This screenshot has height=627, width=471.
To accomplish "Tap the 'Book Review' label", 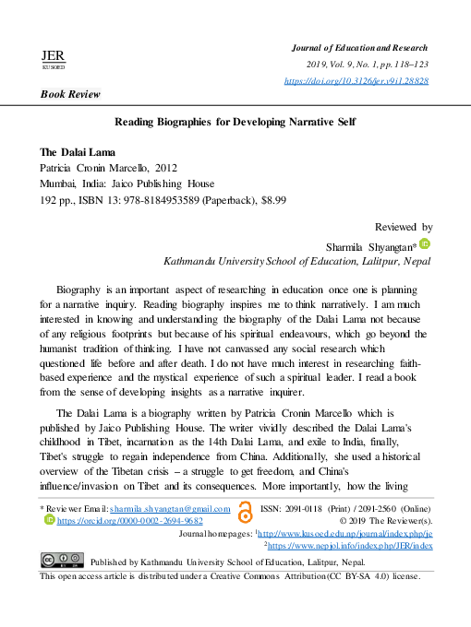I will (70, 95).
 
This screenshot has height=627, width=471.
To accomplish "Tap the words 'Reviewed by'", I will (404, 227).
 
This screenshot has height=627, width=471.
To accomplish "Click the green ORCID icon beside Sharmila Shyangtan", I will (426, 244).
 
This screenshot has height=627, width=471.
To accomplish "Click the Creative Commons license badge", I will (62, 560).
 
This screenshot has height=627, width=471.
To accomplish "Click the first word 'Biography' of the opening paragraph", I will (79, 289).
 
